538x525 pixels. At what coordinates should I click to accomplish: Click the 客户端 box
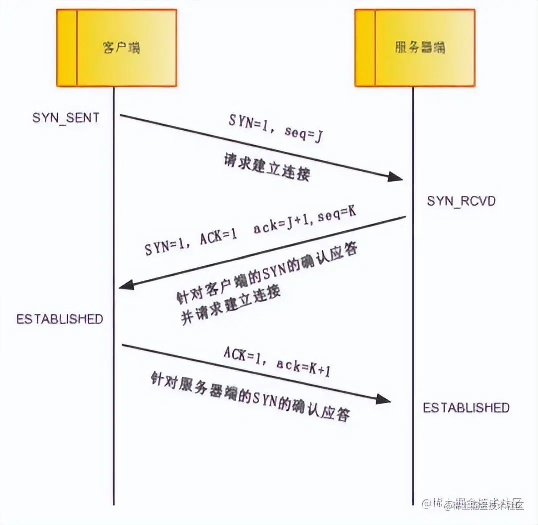tap(117, 48)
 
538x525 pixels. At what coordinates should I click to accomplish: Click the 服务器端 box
tap(415, 48)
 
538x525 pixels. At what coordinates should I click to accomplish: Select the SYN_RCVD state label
tap(461, 201)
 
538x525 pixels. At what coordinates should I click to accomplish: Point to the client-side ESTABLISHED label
tap(60, 319)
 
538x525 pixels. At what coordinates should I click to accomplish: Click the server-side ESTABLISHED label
tap(466, 407)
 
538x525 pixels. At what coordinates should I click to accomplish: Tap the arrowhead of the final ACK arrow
tap(384, 398)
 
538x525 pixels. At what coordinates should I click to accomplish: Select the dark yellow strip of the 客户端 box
tap(67, 48)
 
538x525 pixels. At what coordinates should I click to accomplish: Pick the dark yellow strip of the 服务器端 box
tap(365, 48)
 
